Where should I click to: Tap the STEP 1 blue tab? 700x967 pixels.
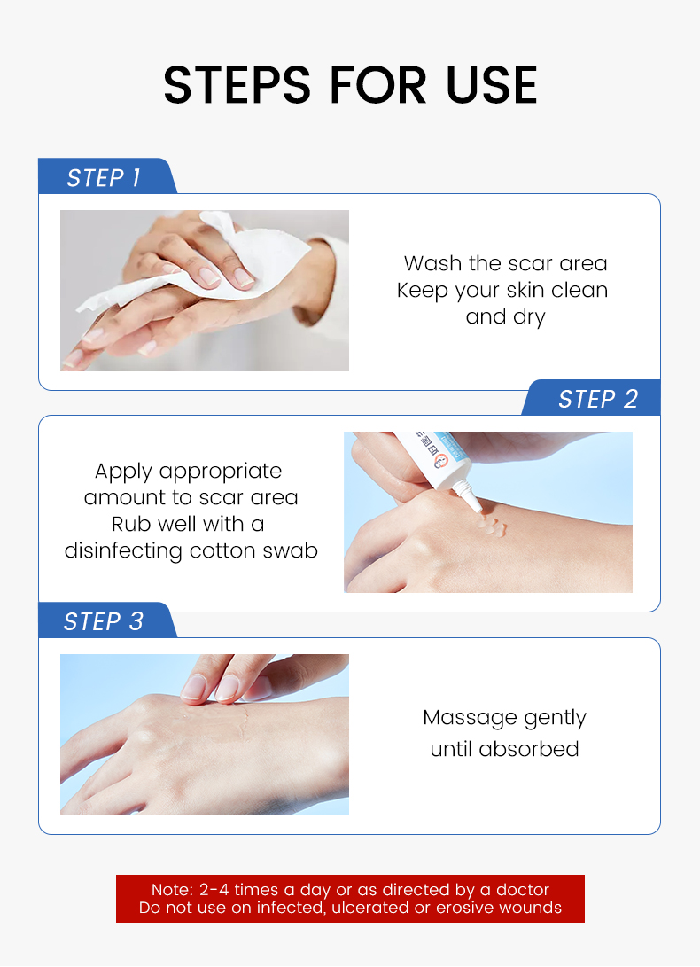tap(104, 178)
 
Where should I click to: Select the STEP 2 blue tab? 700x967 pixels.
tap(597, 400)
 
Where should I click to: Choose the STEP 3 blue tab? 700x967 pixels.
tap(104, 622)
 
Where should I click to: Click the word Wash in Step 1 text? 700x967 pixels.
tap(433, 263)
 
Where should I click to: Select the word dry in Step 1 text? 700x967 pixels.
tap(529, 317)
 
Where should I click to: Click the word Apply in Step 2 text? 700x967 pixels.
tap(124, 472)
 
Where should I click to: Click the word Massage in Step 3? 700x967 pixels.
tap(470, 718)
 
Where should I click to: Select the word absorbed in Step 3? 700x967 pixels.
tap(529, 749)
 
